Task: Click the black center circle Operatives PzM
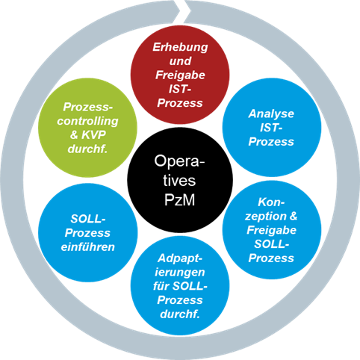180,180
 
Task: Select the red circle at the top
180,75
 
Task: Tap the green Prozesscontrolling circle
87,128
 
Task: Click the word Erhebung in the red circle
180,47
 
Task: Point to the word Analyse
271,114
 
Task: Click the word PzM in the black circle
180,199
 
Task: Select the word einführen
88,247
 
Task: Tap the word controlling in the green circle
87,121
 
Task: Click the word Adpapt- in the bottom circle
180,258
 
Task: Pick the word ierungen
180,273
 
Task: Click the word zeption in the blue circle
266,217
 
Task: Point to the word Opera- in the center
179,161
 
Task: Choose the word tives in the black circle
179,180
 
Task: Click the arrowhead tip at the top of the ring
190,11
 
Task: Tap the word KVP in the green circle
93,134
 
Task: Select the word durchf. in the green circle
87,149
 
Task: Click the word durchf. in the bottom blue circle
180,314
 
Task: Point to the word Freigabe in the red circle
180,75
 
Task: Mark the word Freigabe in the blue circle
271,230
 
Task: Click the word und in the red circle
180,61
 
